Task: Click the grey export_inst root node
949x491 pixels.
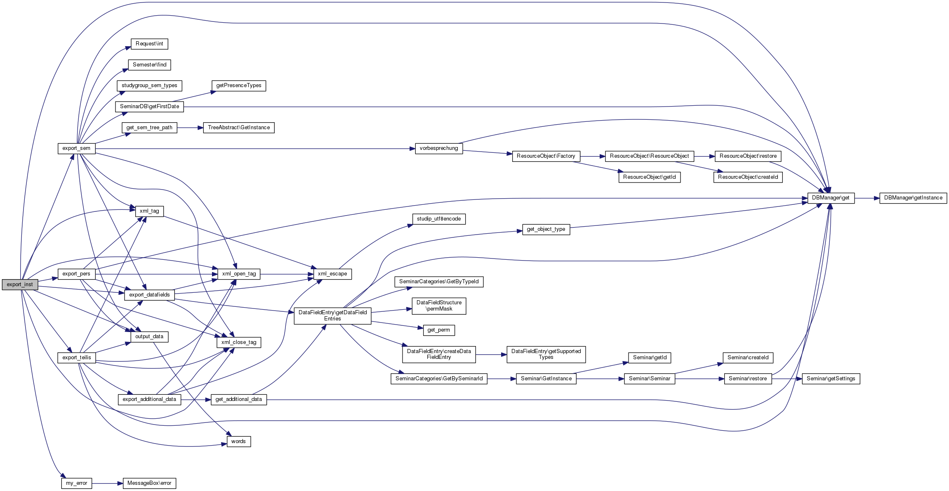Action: tap(20, 285)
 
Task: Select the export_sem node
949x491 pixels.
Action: tap(76, 148)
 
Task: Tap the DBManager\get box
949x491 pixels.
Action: tap(831, 198)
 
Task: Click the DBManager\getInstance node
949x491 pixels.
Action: tap(913, 198)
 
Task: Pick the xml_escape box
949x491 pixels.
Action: tap(332, 274)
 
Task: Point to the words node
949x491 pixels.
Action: tap(238, 441)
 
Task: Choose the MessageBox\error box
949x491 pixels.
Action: tap(149, 483)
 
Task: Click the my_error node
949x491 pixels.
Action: tap(77, 483)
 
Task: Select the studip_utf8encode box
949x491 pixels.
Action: tap(439, 219)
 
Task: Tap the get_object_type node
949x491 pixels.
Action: tap(546, 229)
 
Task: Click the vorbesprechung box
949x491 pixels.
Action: tap(439, 148)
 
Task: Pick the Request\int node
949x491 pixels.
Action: tap(149, 44)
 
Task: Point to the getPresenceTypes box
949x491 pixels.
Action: tap(239, 85)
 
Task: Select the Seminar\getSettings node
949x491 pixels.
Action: tap(831, 379)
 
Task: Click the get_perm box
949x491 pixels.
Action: tap(439, 330)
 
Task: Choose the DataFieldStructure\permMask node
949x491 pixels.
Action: tap(439, 306)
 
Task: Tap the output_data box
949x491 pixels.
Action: tap(149, 337)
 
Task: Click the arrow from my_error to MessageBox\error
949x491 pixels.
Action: tap(107, 483)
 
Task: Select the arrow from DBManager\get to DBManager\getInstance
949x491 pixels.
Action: tap(867, 198)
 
